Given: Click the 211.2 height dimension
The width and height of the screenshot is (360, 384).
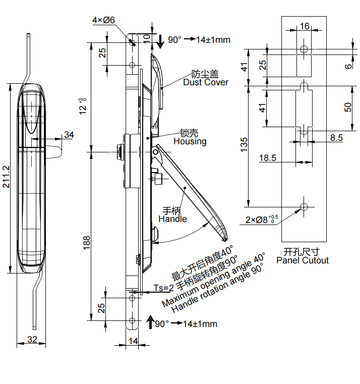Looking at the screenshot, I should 6,177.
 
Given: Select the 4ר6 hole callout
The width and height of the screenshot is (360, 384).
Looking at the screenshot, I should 103,20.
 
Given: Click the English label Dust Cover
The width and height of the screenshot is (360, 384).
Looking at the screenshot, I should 206,82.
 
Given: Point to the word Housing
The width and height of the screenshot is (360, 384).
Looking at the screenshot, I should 190,141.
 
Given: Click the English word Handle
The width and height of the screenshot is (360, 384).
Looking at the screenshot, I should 172,219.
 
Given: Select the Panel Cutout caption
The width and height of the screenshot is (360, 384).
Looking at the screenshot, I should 303,260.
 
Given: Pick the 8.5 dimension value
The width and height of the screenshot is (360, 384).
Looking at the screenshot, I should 337,137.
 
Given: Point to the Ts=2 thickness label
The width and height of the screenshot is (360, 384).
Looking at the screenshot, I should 163,288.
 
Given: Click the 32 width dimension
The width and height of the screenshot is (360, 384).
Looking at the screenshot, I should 32,340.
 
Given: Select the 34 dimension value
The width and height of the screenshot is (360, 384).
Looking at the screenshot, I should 69,135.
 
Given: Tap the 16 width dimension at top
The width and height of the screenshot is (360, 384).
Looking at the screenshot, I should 305,26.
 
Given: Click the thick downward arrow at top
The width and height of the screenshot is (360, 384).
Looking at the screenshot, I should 160,41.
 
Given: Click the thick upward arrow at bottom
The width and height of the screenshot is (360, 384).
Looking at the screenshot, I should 150,321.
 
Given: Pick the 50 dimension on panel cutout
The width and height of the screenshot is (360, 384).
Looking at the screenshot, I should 348,107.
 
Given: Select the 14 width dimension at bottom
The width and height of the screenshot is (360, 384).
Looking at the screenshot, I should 133,341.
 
